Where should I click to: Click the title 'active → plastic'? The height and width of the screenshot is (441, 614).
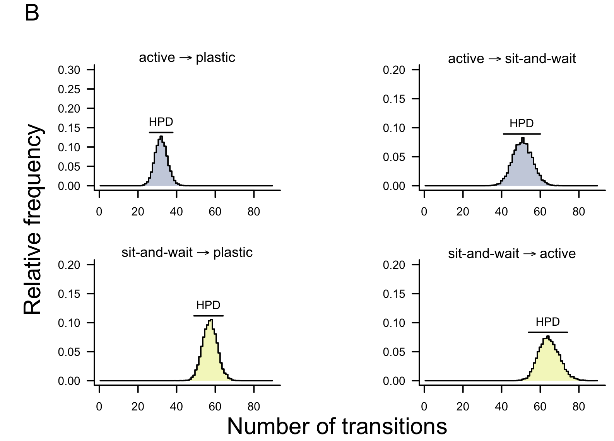187,58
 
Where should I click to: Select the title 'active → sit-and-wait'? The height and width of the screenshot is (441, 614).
512,59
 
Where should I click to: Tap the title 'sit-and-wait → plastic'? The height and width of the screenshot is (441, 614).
187,253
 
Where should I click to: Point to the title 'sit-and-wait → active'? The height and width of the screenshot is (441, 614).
512,254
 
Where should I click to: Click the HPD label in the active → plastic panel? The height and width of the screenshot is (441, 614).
161,122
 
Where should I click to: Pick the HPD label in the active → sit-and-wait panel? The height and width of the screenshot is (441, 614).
522,124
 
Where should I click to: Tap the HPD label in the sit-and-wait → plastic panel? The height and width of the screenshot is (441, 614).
208,306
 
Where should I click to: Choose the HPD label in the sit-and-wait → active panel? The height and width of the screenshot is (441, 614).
547,322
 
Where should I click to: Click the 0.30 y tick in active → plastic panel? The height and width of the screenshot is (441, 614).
69,70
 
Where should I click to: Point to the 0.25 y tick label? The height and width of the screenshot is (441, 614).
69,89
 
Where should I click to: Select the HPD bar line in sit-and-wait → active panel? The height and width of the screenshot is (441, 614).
547,332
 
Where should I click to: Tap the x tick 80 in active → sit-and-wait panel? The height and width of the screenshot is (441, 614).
578,212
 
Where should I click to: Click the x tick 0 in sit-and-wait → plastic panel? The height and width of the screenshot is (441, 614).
99,407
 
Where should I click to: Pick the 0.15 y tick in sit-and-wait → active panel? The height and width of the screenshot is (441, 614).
394,294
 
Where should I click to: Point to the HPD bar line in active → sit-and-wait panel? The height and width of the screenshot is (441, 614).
522,134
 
